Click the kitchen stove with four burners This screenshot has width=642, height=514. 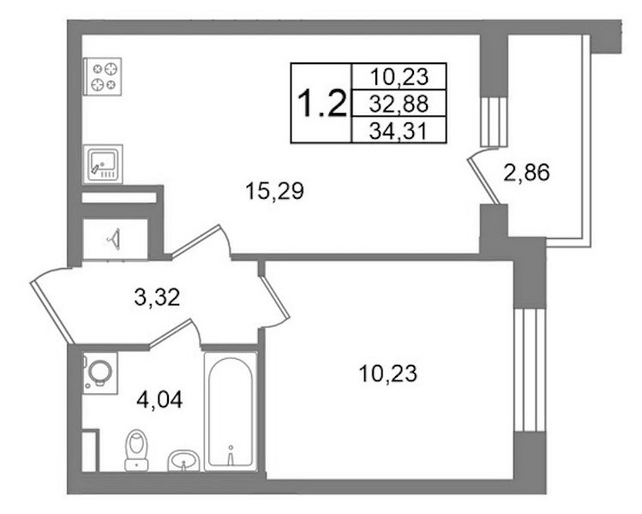(x=102, y=76)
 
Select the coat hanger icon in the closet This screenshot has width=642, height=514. (x=114, y=239)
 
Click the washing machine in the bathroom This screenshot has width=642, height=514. (x=100, y=373)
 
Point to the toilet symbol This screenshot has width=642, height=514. (x=136, y=450)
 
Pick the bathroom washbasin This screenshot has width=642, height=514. (x=183, y=461)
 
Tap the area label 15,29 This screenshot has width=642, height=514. (x=275, y=191)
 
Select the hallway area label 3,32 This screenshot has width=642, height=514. (x=157, y=297)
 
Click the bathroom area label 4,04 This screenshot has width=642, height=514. (x=159, y=399)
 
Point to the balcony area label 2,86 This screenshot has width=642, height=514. (x=526, y=172)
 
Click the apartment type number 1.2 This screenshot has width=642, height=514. (x=321, y=103)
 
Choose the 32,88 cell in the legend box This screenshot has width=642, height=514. (x=399, y=104)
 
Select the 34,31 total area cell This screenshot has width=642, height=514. (x=399, y=130)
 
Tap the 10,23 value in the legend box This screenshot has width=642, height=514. (x=399, y=76)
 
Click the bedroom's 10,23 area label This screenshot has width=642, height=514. (x=387, y=374)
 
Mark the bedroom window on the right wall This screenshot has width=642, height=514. (x=530, y=370)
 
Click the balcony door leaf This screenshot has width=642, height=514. (x=484, y=181)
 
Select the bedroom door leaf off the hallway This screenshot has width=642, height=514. (x=275, y=297)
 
